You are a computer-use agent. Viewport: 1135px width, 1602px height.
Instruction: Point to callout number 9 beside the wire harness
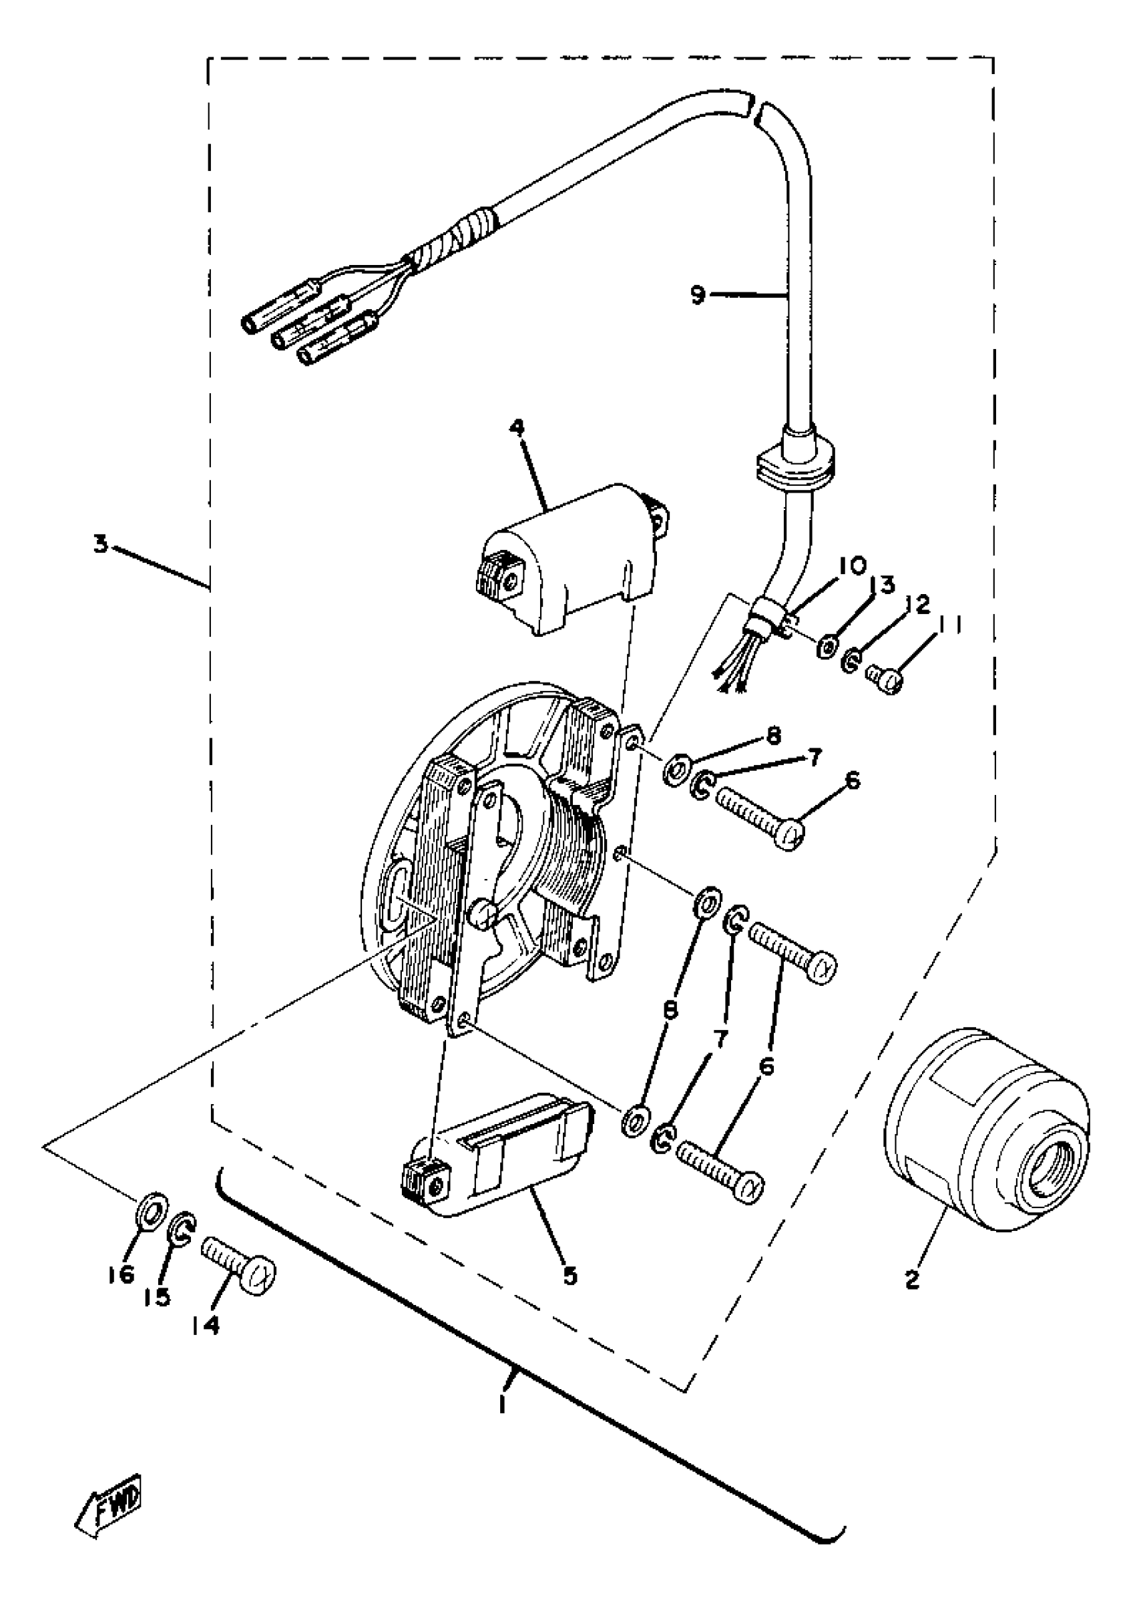click(698, 296)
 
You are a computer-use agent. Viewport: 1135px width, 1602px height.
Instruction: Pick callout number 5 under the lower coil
click(570, 1276)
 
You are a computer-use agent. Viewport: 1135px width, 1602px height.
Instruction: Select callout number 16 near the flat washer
click(121, 1274)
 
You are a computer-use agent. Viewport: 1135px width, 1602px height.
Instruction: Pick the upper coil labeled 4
click(573, 559)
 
